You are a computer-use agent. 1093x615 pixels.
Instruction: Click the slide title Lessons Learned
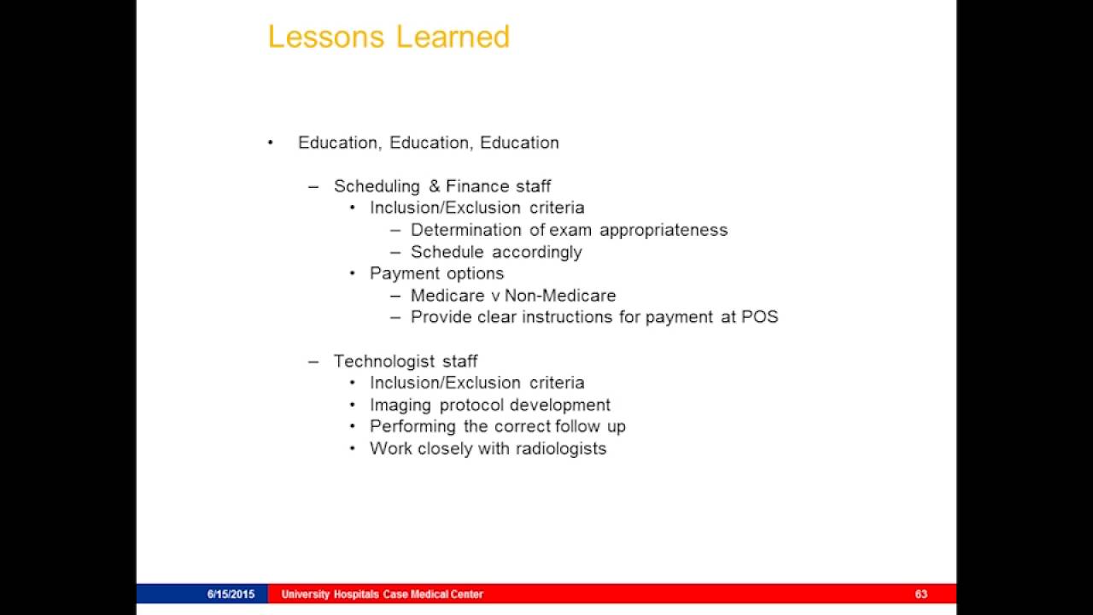point(389,37)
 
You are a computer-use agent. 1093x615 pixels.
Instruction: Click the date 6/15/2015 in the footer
point(231,594)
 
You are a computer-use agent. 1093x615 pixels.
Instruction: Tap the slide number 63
point(921,594)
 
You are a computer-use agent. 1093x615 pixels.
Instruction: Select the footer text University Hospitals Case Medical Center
point(382,594)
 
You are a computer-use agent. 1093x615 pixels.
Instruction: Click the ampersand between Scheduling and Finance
point(434,186)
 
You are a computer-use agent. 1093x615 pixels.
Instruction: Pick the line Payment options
point(436,273)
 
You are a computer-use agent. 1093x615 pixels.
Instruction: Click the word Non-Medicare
point(560,296)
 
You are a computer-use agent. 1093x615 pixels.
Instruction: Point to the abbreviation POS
point(760,317)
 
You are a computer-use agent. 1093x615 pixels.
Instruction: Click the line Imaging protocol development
point(489,405)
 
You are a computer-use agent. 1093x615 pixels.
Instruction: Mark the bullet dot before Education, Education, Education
point(271,143)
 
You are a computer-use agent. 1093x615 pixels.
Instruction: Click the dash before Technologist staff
point(313,361)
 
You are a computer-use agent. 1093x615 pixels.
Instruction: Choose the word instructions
point(575,317)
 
